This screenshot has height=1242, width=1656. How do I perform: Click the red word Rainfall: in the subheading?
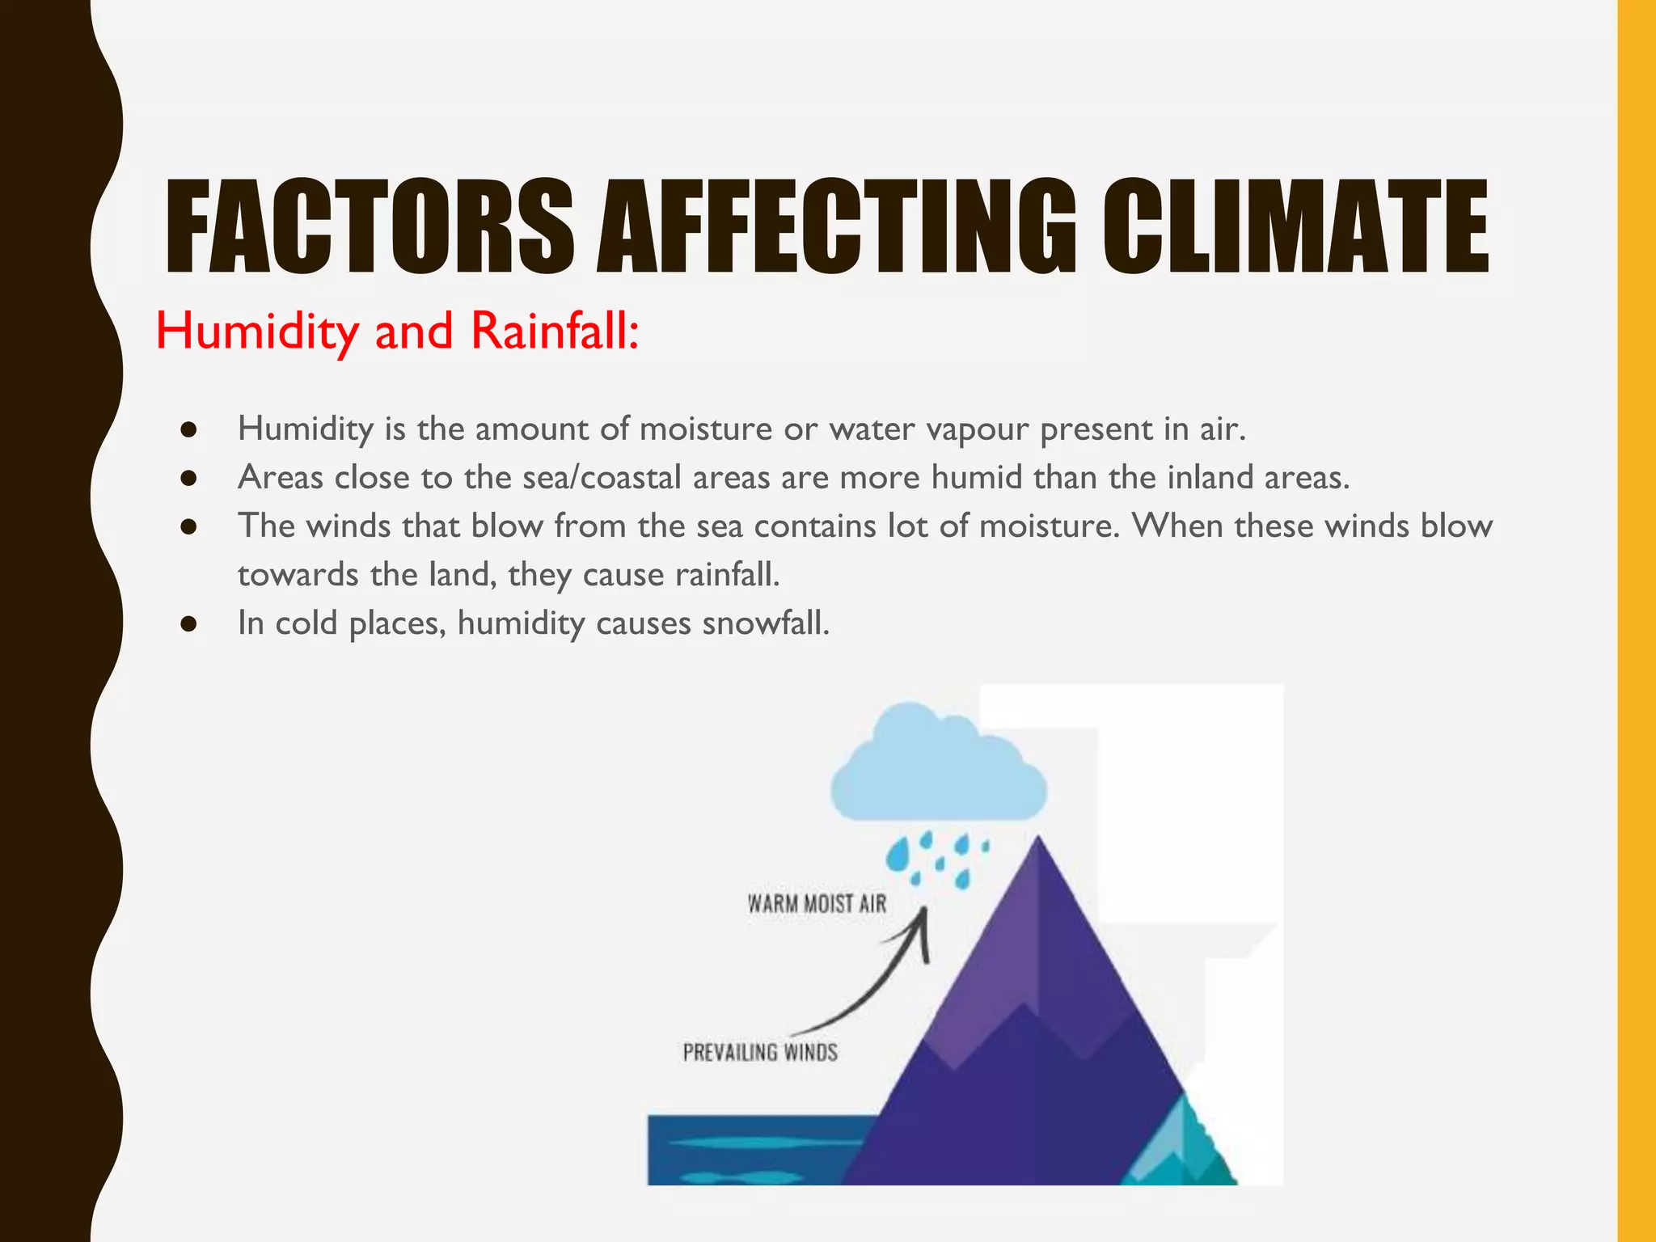click(555, 332)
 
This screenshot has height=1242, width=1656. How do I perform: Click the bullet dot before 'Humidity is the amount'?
click(189, 430)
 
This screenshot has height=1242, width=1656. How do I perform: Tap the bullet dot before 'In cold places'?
click(189, 624)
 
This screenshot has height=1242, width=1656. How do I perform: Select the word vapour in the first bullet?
click(978, 430)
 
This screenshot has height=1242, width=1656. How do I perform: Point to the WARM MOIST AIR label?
click(817, 904)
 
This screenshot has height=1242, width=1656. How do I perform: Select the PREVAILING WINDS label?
click(760, 1053)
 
